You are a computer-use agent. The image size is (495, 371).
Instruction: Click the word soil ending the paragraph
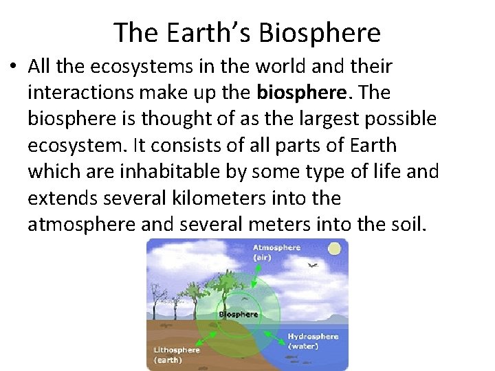coord(404,225)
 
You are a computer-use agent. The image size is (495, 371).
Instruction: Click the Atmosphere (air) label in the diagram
coord(276,252)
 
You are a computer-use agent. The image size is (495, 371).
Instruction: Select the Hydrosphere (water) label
coord(313,341)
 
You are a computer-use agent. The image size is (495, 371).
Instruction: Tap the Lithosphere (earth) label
coord(176,354)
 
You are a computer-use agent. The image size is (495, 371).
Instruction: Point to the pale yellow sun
coord(335,249)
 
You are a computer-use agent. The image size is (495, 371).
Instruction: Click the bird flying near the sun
coord(312,265)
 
